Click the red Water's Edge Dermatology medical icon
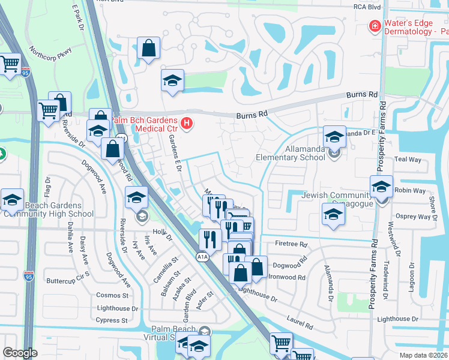tap(375, 26)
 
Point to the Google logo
tap(20, 353)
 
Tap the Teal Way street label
tap(408, 159)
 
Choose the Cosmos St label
tap(113, 295)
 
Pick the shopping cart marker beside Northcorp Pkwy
tap(10, 64)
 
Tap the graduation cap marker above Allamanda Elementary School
tap(334, 137)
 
